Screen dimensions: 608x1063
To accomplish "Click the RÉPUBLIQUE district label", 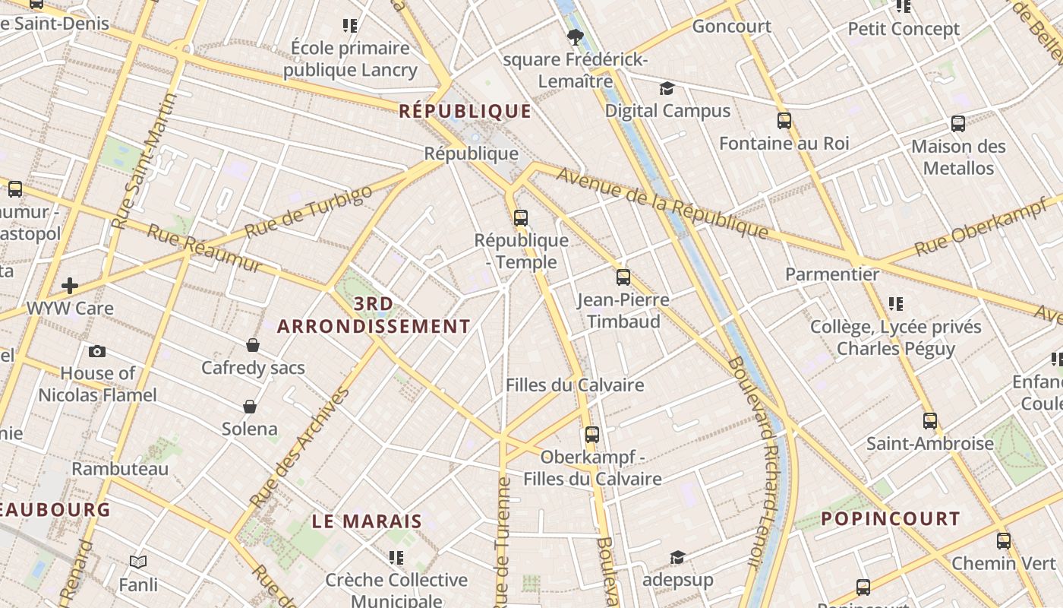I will (x=465, y=111).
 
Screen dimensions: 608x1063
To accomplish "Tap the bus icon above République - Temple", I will (x=520, y=218).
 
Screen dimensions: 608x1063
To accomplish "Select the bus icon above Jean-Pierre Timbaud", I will (x=623, y=277).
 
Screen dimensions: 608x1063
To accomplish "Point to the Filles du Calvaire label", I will (x=575, y=385).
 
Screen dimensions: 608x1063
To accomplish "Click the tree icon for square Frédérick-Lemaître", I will (x=576, y=36).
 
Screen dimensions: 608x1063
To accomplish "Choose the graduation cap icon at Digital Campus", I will (x=667, y=89).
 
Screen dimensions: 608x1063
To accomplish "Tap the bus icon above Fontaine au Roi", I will (x=784, y=121).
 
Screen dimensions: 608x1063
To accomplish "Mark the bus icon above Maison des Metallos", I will (x=958, y=124).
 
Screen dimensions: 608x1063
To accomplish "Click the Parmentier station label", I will (x=832, y=274).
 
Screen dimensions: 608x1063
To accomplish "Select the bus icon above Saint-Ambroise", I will (x=930, y=421).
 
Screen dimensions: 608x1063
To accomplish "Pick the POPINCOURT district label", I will (x=891, y=519).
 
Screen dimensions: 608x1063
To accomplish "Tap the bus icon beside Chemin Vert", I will (x=1004, y=541).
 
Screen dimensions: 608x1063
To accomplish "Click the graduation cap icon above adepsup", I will (x=677, y=559).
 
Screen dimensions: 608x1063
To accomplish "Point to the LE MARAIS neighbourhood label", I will (x=367, y=521).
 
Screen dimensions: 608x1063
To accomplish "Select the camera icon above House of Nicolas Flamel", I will (x=97, y=351).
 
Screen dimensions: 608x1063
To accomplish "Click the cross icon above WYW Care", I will (x=70, y=286).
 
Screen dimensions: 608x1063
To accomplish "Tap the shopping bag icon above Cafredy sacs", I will (x=253, y=346).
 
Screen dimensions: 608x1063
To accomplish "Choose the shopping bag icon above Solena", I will (x=250, y=407).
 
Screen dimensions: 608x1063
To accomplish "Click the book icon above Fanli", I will (x=138, y=562).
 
